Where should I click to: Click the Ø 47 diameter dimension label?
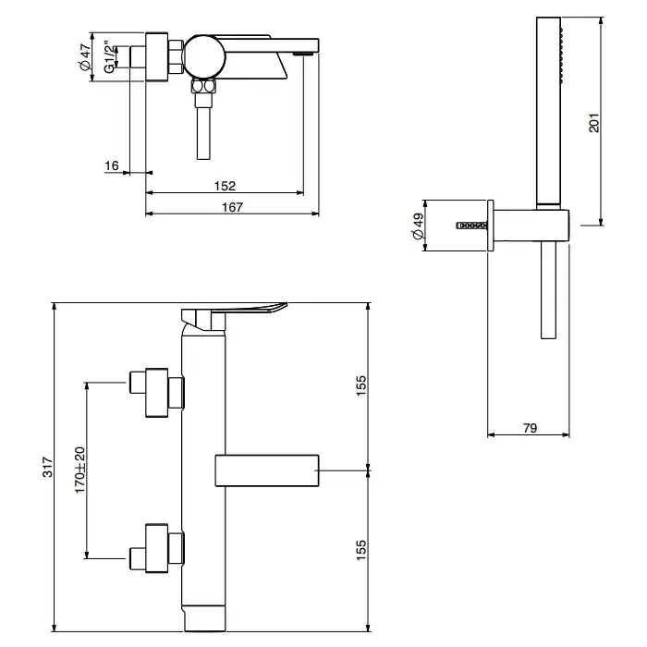coord(85,57)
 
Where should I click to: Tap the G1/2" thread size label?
coord(109,57)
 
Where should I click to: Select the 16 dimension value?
coord(112,165)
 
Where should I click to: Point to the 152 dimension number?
coord(225,186)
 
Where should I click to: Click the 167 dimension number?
coord(233,207)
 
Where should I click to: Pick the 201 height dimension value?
coord(593,122)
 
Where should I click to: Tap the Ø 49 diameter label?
coord(418,226)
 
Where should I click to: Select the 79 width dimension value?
coord(531,428)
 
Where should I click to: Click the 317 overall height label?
coord(48,467)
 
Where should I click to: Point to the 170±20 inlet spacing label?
coord(79,470)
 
